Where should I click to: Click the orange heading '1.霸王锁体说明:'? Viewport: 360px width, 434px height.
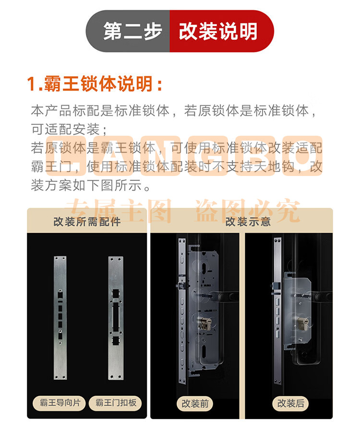point(95,83)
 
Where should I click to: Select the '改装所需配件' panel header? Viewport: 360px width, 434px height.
point(87,222)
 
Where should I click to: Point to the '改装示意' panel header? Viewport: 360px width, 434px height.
point(248,222)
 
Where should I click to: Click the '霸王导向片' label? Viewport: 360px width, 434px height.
point(60,403)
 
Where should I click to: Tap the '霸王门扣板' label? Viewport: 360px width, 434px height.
point(116,403)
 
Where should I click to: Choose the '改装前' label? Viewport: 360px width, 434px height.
point(195,404)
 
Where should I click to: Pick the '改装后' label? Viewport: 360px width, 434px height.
point(291,403)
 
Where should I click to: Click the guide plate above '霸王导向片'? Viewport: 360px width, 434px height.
point(60,318)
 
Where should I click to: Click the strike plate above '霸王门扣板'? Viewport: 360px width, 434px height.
point(116,318)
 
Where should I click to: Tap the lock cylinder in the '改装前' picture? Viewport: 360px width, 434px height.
point(204,324)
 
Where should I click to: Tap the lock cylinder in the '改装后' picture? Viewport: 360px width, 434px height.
point(303,322)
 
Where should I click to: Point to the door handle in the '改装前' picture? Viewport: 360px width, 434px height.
point(225,297)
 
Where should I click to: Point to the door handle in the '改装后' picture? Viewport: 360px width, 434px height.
point(322,296)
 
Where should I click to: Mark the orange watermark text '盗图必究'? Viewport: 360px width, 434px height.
point(248,211)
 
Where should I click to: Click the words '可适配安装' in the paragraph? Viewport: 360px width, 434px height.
point(65,129)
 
